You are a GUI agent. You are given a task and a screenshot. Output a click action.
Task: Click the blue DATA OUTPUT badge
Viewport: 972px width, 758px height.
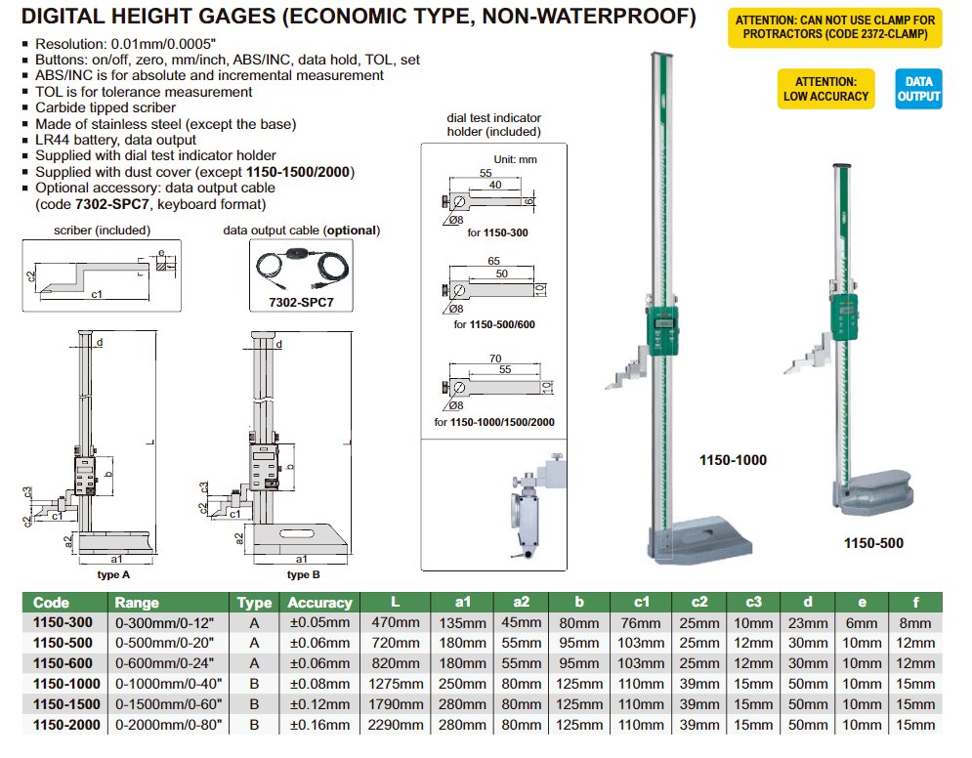[917, 89]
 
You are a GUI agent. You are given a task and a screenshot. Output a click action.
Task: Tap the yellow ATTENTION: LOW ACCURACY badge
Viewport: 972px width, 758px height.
[824, 89]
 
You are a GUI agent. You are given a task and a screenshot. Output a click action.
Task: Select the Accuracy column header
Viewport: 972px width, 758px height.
[318, 603]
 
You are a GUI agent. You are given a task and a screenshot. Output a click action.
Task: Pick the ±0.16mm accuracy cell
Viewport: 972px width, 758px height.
[318, 725]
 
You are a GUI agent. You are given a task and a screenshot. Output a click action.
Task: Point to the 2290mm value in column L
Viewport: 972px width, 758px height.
[396, 725]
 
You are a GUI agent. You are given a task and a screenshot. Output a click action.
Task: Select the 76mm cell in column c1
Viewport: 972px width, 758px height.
[641, 622]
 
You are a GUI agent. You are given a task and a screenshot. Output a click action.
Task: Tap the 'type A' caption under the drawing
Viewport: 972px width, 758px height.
[113, 574]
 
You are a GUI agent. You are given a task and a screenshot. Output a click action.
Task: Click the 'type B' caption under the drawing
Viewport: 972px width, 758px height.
[303, 574]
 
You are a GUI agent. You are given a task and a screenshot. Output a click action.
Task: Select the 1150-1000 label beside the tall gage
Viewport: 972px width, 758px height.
[733, 459]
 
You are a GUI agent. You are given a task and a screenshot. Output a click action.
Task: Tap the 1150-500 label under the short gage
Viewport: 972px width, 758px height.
[873, 543]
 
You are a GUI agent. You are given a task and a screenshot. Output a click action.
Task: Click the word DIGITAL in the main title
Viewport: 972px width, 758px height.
[65, 17]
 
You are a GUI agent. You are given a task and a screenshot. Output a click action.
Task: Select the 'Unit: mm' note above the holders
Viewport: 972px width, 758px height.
[514, 158]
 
